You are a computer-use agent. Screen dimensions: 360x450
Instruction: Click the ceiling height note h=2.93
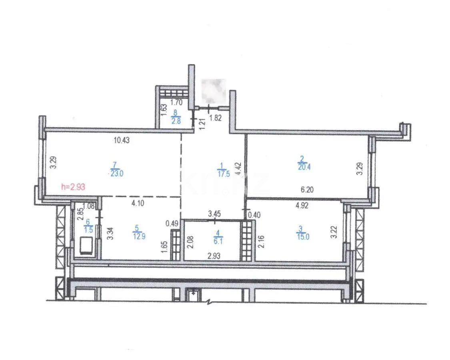click(72, 186)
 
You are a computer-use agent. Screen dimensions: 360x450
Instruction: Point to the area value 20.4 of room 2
click(304, 167)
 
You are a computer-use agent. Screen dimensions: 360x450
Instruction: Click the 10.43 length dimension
click(122, 140)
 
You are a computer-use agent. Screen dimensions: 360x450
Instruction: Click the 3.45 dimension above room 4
click(215, 214)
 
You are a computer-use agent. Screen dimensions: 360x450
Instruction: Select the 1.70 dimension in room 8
click(176, 102)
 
